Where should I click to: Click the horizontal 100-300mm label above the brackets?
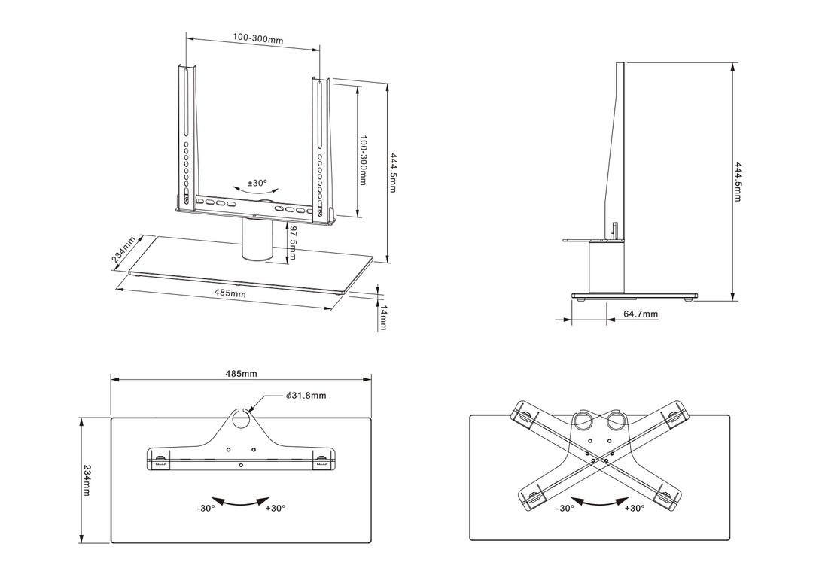pos(257,38)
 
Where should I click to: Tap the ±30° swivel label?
pos(257,182)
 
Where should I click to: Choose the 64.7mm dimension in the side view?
pos(641,314)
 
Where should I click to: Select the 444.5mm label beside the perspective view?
pos(393,172)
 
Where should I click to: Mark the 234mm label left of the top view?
pos(87,480)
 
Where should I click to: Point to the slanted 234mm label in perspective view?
pos(123,250)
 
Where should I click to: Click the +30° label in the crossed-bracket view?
pos(634,509)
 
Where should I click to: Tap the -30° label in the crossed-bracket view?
pos(565,509)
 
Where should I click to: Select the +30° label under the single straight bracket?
pos(276,509)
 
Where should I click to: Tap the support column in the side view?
pos(606,268)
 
